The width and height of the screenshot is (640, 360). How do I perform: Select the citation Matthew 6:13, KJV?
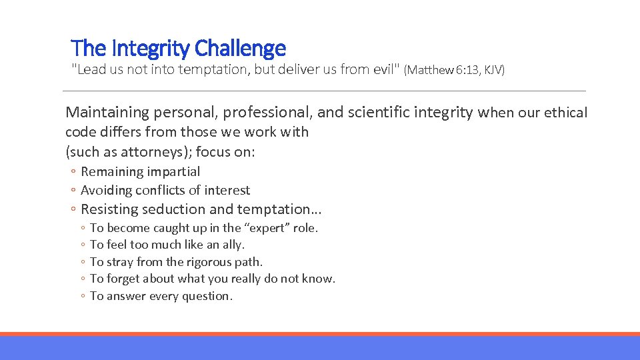coord(454,70)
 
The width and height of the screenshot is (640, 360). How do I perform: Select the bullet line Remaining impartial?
coord(140,171)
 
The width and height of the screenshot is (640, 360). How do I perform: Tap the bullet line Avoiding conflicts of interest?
coord(165,190)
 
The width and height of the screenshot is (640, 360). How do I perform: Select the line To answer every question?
coord(161,296)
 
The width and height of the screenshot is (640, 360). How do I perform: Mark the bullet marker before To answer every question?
coord(81,297)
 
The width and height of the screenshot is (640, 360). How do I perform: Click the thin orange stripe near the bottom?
coord(320,334)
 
